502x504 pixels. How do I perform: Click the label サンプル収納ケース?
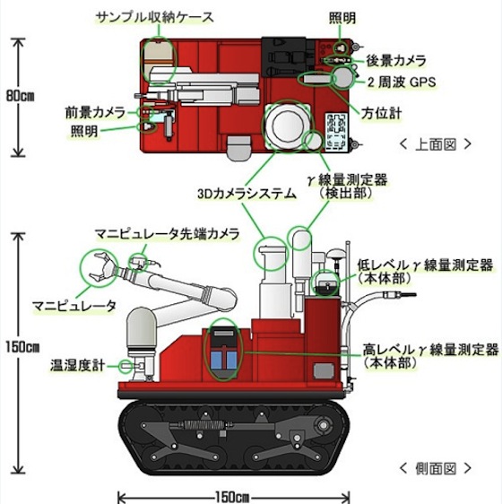tap(155, 17)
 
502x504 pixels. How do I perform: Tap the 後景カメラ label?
tap(396, 61)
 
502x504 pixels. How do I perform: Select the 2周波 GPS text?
tap(402, 82)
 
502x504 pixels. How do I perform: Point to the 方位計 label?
tap(382, 114)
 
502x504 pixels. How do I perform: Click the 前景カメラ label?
tap(95, 112)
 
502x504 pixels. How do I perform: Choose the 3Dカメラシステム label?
tap(247, 194)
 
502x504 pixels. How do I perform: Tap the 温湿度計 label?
tap(77, 366)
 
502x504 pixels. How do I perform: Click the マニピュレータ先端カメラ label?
tap(168, 234)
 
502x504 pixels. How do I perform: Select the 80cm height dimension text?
tap(21, 96)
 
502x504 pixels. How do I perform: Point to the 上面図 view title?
tap(436, 144)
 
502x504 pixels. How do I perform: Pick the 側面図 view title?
tap(436, 469)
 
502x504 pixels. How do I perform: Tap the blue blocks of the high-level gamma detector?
tap(224, 360)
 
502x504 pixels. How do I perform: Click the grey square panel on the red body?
tap(324, 370)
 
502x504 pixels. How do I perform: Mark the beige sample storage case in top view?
tap(158, 61)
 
